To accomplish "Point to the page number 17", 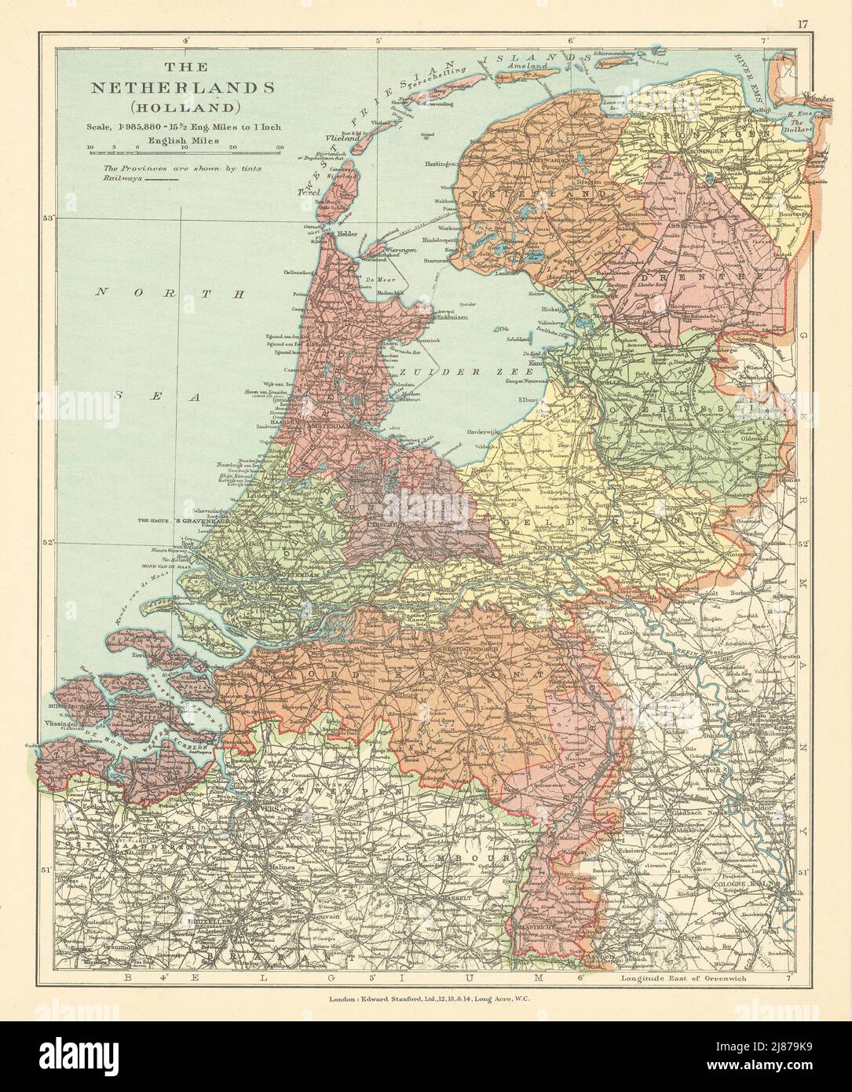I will [x=803, y=24].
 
